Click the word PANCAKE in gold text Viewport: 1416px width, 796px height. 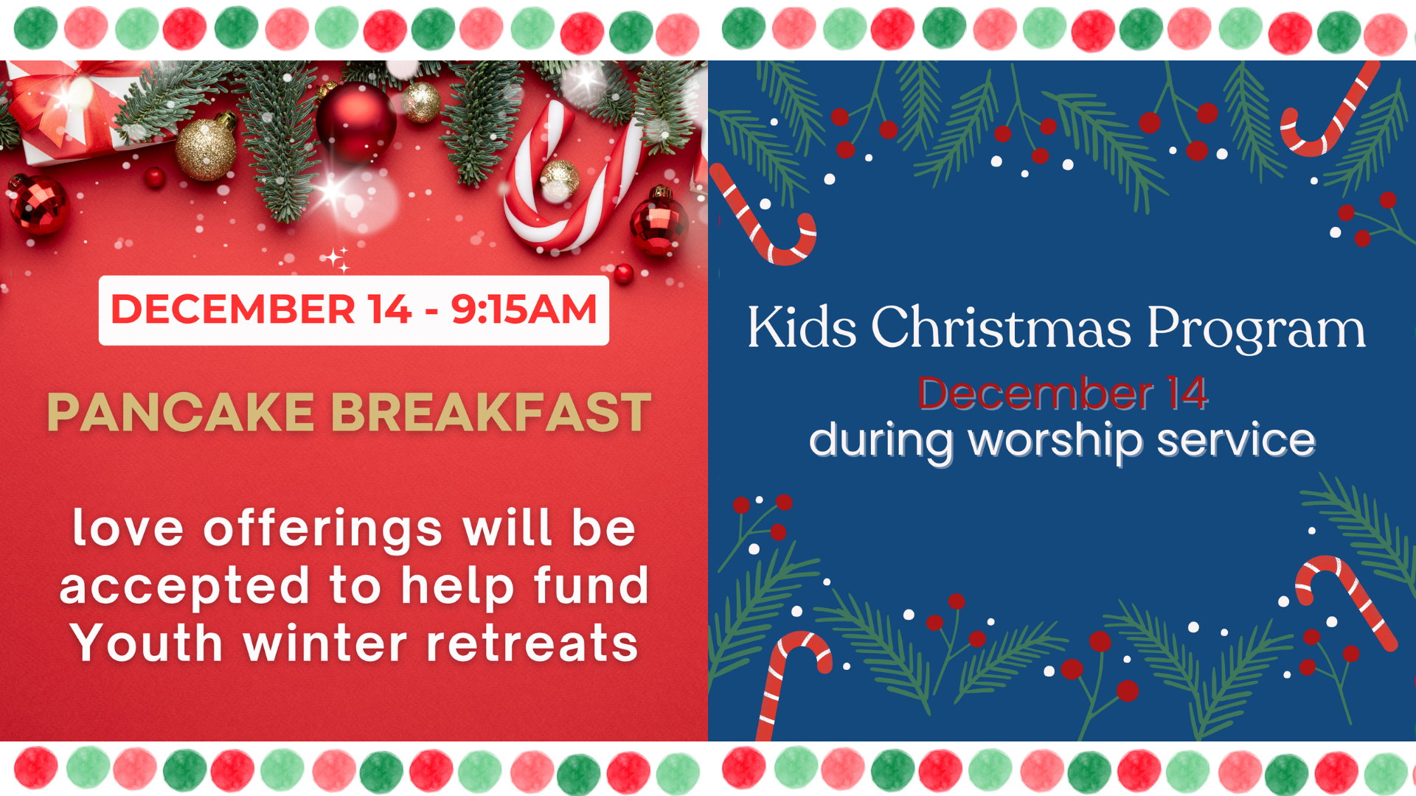pos(181,412)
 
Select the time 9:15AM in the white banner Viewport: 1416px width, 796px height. pos(524,310)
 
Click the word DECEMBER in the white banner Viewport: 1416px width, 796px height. pos(233,310)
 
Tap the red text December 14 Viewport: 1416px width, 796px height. pos(1063,393)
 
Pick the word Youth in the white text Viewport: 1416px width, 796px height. pos(147,643)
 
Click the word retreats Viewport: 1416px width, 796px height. pos(532,643)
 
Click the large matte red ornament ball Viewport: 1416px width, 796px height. pos(356,122)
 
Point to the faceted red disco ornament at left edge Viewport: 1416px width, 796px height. pos(38,204)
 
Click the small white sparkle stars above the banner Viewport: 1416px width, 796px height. pos(339,259)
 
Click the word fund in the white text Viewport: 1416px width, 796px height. pos(591,585)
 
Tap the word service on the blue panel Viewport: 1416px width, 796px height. pos(1236,440)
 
